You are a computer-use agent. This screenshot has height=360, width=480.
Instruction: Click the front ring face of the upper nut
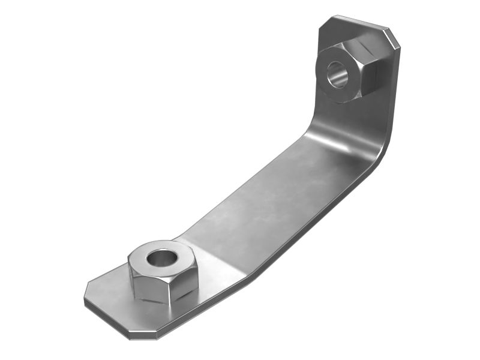pyautogui.click(x=327, y=84)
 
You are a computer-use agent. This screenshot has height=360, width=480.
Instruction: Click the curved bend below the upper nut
pyautogui.click(x=336, y=135)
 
